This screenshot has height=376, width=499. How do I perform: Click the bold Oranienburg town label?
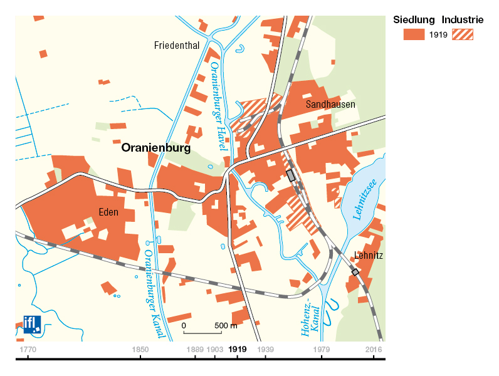tap(155, 149)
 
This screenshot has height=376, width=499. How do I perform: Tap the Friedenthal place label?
tap(177, 45)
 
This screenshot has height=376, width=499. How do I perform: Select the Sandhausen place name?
tap(330, 105)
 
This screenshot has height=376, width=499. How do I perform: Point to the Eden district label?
tap(108, 212)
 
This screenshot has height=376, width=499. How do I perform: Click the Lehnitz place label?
tap(369, 256)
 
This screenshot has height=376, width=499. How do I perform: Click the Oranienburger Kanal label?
tap(154, 294)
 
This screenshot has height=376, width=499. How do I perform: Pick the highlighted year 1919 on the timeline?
tap(238, 349)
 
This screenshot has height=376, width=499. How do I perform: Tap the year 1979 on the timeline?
tap(322, 349)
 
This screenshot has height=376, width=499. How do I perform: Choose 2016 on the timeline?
tap(374, 349)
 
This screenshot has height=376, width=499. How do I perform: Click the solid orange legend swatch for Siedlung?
tap(414, 34)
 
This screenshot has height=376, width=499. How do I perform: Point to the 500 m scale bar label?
tap(226, 326)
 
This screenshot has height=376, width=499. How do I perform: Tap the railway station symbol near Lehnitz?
tap(355, 272)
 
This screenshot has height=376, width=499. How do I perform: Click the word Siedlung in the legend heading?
tap(414, 19)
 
